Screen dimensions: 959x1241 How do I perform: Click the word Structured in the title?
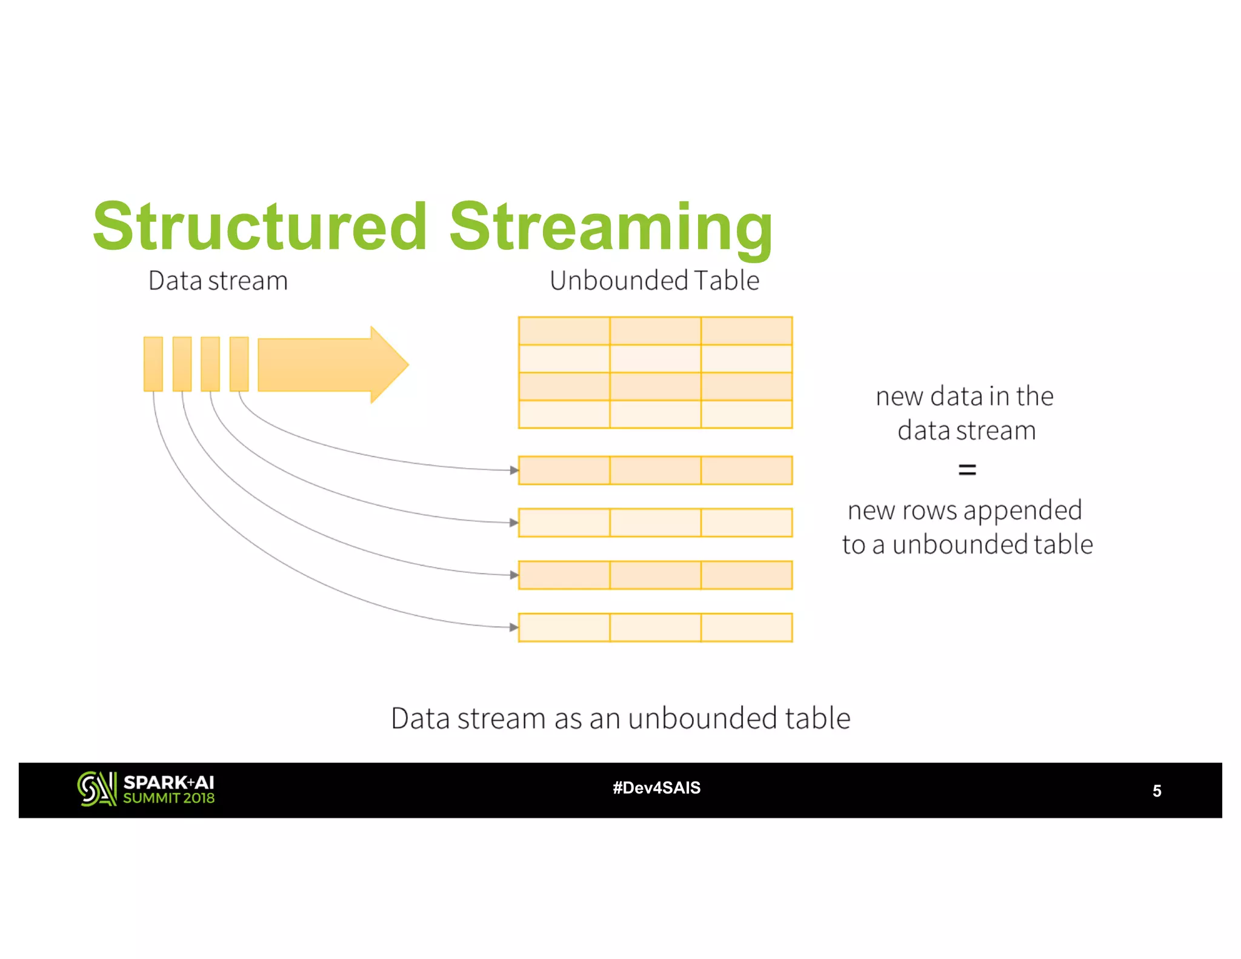(x=261, y=227)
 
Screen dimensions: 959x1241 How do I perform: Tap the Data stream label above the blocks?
(x=218, y=281)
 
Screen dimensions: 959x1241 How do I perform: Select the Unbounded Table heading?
(x=654, y=281)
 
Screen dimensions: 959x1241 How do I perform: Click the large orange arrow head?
(x=388, y=364)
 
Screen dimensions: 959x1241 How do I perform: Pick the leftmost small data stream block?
(x=153, y=364)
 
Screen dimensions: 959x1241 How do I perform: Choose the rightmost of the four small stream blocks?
(x=239, y=364)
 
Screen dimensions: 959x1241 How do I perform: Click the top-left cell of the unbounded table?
(x=564, y=331)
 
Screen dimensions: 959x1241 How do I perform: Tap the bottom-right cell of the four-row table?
(x=747, y=414)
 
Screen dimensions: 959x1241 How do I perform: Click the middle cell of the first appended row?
(x=655, y=470)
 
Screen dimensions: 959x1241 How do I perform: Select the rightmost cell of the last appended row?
(x=747, y=627)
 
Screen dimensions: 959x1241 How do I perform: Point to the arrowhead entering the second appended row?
(x=514, y=523)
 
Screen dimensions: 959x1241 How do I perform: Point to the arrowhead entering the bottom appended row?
(x=514, y=627)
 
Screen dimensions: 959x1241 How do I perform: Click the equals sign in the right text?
(x=967, y=469)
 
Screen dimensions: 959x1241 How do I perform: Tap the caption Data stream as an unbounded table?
(x=620, y=718)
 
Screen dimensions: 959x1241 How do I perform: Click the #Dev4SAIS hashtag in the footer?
(x=656, y=788)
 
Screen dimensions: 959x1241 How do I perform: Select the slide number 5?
(x=1157, y=791)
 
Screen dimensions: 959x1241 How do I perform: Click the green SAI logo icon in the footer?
(x=97, y=789)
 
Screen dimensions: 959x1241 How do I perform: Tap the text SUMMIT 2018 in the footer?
(x=168, y=798)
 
